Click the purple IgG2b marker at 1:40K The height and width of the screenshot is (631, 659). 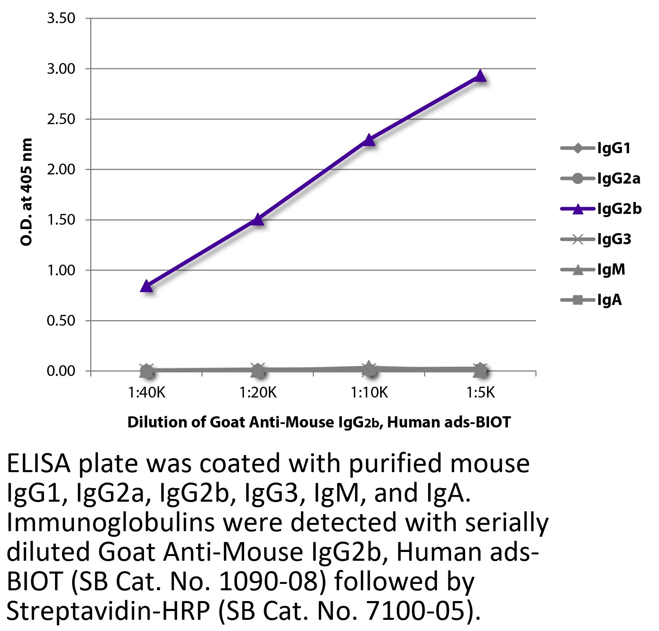tap(146, 286)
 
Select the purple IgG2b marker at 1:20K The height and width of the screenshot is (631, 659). tap(258, 219)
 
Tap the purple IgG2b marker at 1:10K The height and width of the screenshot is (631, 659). tap(369, 140)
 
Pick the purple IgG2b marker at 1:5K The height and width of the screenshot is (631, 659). tap(481, 75)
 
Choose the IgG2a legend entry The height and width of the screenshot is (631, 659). tap(618, 178)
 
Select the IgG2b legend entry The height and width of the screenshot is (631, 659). tap(619, 209)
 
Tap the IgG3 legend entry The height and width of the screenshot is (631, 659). tap(614, 239)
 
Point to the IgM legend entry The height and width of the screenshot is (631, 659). tap(611, 269)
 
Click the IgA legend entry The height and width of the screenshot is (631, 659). tap(609, 300)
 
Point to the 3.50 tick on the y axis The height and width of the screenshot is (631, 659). tap(61, 18)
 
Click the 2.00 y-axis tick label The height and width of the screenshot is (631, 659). tap(61, 170)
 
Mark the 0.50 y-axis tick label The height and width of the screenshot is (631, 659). tap(61, 320)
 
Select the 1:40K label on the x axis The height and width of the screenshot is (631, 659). tap(146, 393)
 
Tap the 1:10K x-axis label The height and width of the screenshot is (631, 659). tap(369, 393)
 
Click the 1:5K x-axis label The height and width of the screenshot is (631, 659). tap(481, 393)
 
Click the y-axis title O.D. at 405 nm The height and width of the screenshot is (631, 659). tap(26, 192)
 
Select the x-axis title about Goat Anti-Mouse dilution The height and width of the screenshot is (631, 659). tap(319, 422)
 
